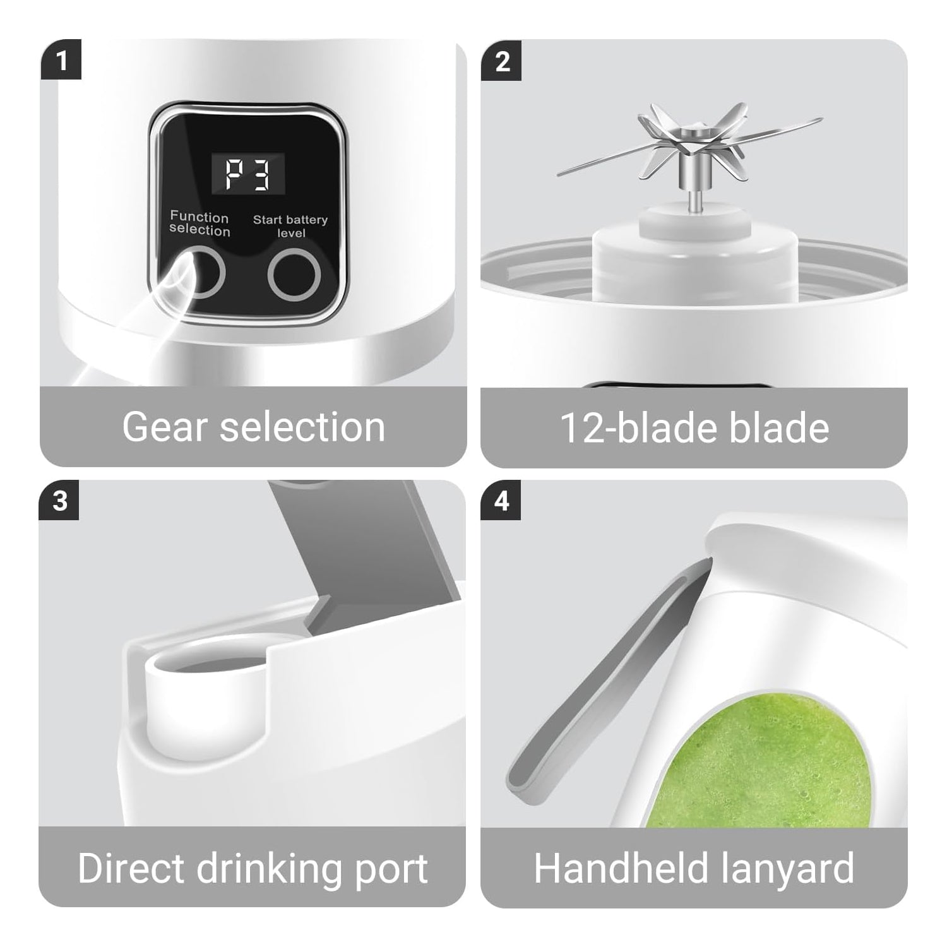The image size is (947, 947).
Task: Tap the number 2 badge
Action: (501, 61)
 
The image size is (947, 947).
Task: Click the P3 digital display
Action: (248, 173)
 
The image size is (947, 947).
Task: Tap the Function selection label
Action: (200, 224)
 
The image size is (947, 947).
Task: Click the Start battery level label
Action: (290, 226)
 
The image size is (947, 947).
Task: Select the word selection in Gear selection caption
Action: (302, 427)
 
